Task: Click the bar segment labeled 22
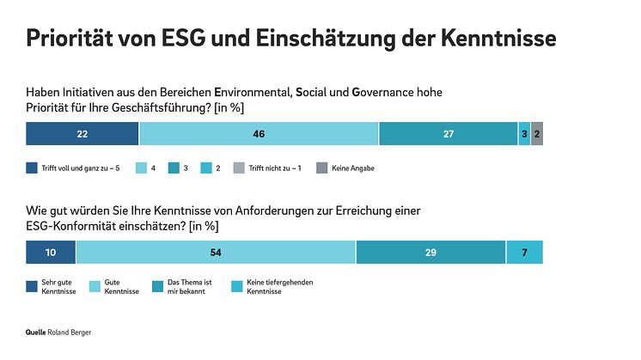(x=82, y=134)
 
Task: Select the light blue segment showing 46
(x=259, y=134)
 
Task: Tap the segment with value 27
(x=448, y=134)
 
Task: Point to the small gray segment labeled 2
(x=537, y=134)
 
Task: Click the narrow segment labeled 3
(x=524, y=134)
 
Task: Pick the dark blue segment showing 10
(x=51, y=252)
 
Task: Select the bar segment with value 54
(x=216, y=252)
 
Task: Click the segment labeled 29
(x=430, y=252)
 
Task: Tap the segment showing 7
(x=524, y=252)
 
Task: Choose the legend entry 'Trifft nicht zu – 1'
(x=273, y=168)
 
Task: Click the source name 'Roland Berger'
(x=70, y=331)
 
